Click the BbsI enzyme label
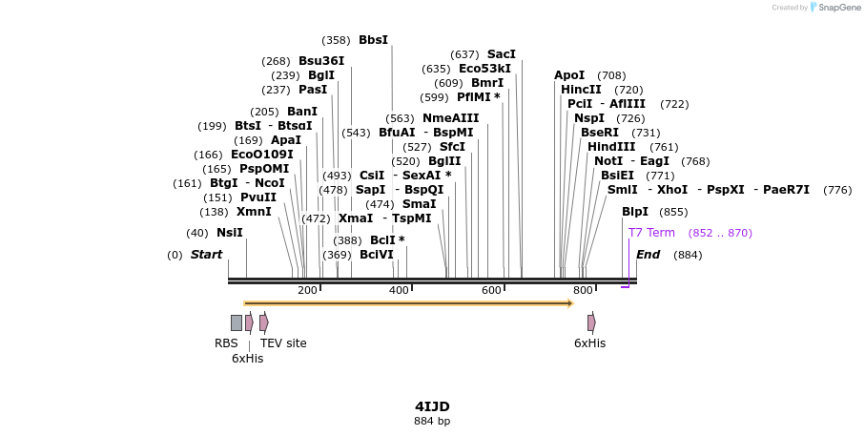373,40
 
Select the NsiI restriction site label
229,233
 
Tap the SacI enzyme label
501,54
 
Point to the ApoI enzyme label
569,75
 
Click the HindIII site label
611,147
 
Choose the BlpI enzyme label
634,212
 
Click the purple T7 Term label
651,233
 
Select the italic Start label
206,255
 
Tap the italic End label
648,255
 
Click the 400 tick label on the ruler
399,291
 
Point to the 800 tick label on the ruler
583,291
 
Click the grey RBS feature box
237,322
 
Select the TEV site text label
283,343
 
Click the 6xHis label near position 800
589,343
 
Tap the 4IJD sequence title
432,406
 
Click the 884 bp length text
432,421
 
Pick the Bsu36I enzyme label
321,61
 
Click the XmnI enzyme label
254,212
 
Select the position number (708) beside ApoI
611,75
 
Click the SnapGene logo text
835,8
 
